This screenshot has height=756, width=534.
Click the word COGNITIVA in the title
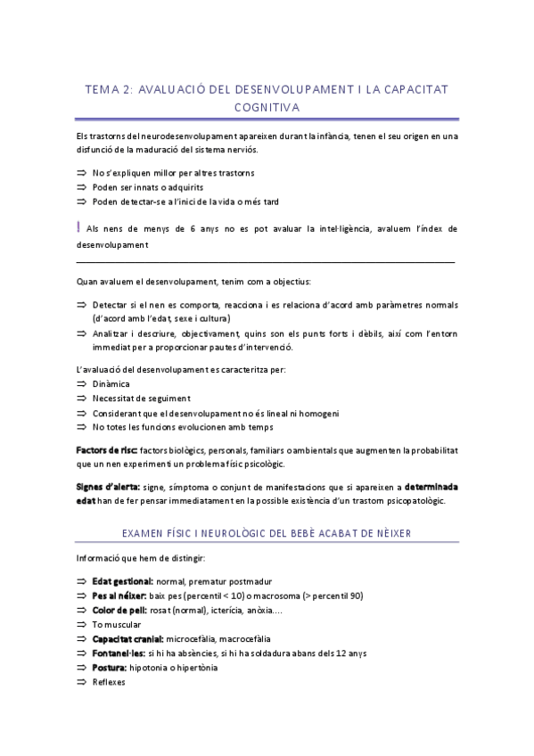click(x=267, y=108)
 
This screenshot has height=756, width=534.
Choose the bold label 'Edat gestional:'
click(x=122, y=581)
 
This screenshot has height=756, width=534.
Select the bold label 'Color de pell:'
click(x=118, y=610)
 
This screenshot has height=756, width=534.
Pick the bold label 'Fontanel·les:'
click(x=119, y=653)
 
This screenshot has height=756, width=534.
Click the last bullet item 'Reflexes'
click(x=109, y=682)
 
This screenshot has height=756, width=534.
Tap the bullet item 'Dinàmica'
click(x=111, y=384)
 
